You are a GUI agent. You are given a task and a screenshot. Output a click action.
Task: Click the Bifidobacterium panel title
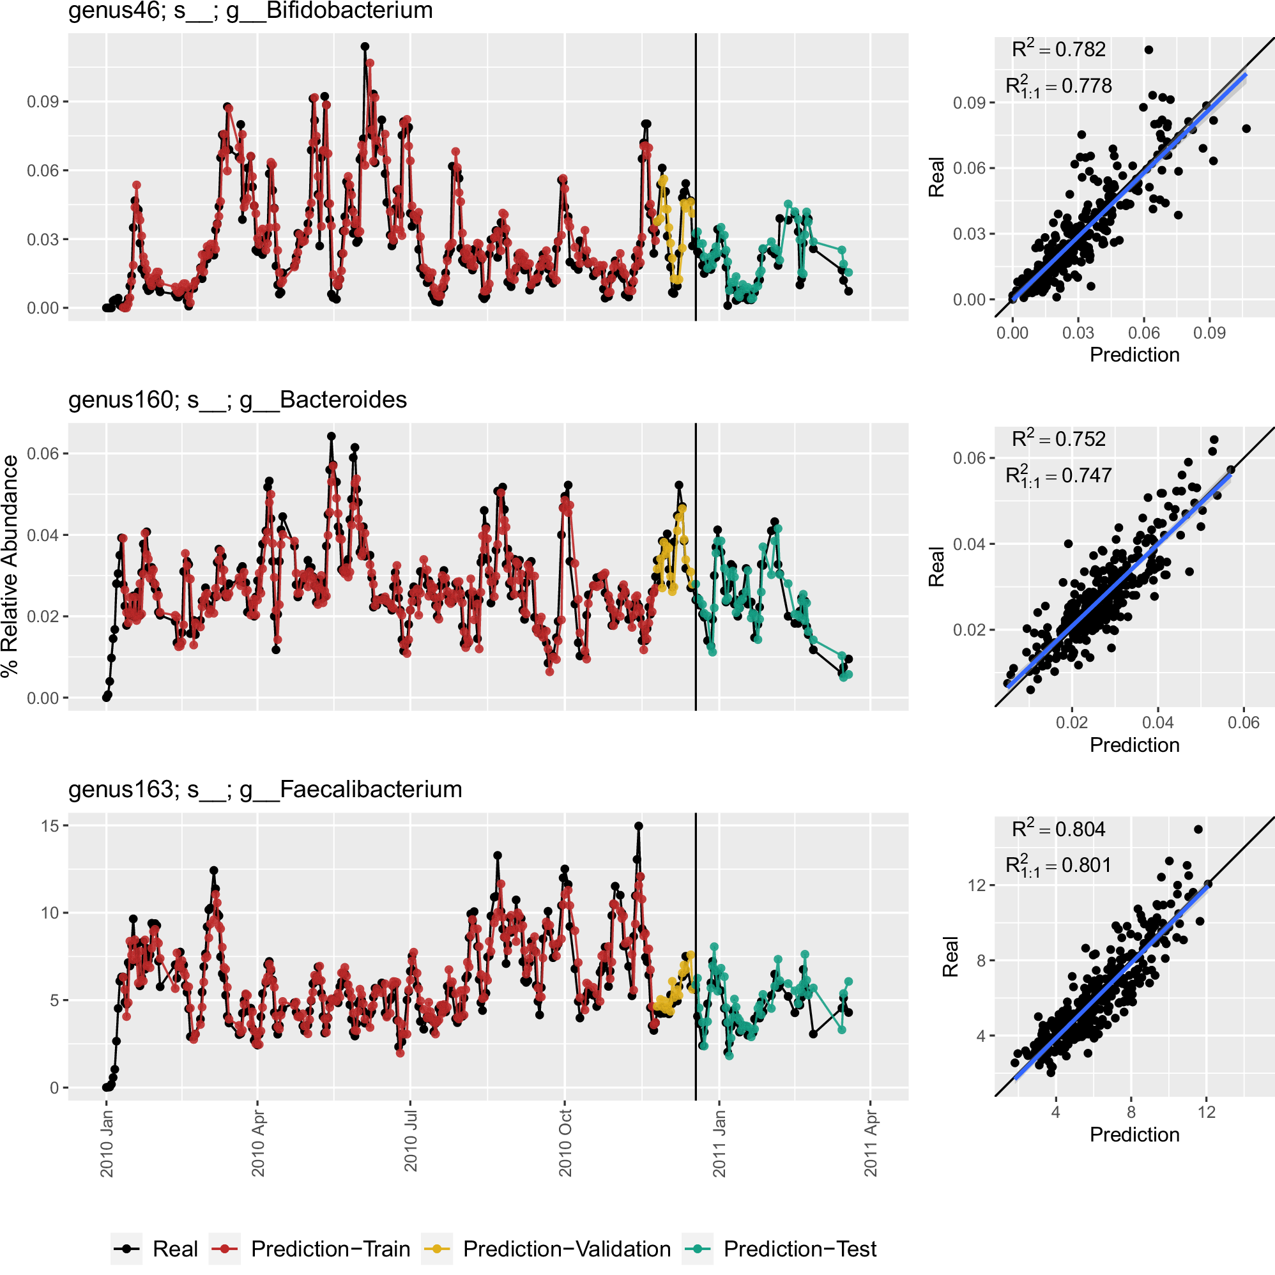pyautogui.click(x=251, y=11)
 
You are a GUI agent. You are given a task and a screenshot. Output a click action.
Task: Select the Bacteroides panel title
pyautogui.click(x=238, y=400)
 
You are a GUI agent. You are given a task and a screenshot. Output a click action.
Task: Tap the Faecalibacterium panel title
pyautogui.click(x=265, y=790)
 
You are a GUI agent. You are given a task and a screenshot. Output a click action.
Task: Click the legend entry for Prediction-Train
pyautogui.click(x=330, y=1249)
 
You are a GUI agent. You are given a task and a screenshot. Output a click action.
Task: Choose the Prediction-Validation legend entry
pyautogui.click(x=566, y=1249)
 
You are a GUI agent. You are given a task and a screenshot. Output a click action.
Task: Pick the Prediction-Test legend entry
pyautogui.click(x=799, y=1249)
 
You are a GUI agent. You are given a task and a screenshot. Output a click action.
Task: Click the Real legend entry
pyautogui.click(x=175, y=1249)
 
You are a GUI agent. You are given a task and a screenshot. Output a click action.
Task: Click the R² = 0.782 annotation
pyautogui.click(x=1058, y=49)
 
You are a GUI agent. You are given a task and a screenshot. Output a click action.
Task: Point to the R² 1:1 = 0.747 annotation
pyautogui.click(x=1058, y=476)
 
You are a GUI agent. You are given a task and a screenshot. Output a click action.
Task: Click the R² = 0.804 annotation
pyautogui.click(x=1058, y=829)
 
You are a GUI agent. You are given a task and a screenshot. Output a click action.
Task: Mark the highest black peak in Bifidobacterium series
pyautogui.click(x=365, y=46)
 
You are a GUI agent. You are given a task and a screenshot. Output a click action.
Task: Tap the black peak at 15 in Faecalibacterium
pyautogui.click(x=638, y=825)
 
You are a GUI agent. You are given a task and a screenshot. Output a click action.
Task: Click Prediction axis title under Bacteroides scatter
pyautogui.click(x=1134, y=745)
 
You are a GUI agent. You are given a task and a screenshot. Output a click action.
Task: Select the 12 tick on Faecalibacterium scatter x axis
pyautogui.click(x=1207, y=1112)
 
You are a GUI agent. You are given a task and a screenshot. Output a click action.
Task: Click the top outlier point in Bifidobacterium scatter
pyautogui.click(x=1149, y=49)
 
